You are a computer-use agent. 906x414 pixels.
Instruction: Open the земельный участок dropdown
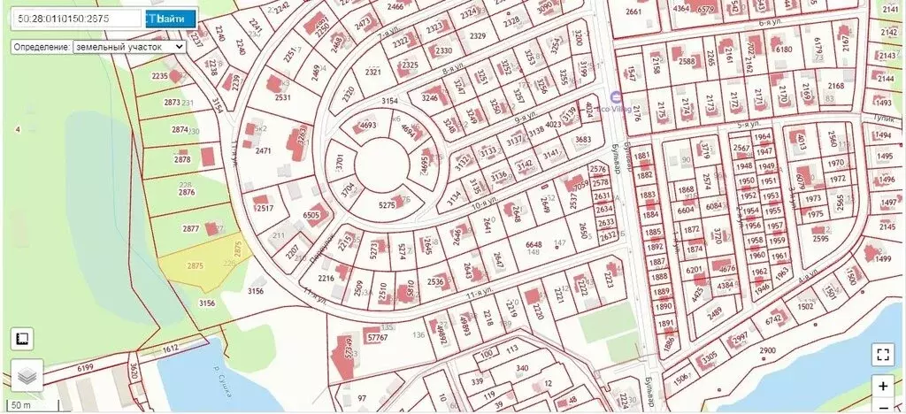[128, 46]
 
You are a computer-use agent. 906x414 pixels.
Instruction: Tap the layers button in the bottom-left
[27, 375]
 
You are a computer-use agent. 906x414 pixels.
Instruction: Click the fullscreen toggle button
[881, 355]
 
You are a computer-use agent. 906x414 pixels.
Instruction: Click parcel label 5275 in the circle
[387, 205]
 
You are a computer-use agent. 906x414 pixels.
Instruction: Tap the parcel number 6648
[533, 244]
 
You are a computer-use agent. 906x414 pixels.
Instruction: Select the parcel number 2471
[263, 151]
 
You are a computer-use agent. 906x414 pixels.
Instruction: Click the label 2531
[282, 98]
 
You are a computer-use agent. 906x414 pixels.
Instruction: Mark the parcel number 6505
[311, 215]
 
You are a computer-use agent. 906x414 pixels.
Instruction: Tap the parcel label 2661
[633, 11]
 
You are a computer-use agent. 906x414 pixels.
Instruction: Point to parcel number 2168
[835, 86]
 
